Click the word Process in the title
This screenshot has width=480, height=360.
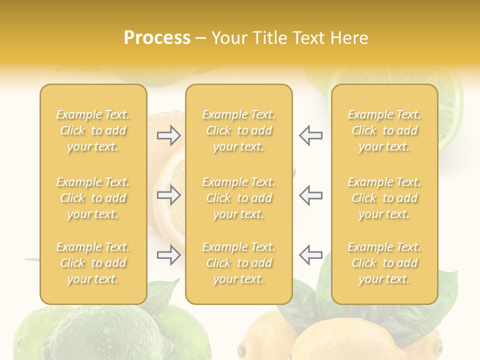coord(157,38)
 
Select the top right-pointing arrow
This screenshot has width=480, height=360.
coord(169,135)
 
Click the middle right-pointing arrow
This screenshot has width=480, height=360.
coord(169,195)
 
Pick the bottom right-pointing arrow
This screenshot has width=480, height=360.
coord(169,255)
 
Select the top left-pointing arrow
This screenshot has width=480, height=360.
coord(310,135)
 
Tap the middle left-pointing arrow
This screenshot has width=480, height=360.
coord(310,195)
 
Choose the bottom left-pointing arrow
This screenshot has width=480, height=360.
coord(310,255)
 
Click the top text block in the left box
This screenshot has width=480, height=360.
coord(93,130)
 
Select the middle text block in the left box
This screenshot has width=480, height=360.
coord(93,198)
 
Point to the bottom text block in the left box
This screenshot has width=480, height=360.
coord(93,263)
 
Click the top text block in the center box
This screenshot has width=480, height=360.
coord(238,130)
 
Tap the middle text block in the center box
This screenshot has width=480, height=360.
coord(238,198)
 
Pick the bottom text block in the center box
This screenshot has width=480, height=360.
coord(238,263)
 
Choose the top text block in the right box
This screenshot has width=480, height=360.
coord(384,130)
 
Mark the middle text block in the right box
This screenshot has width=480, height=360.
coord(384,198)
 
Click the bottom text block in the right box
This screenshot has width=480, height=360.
coord(384,263)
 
